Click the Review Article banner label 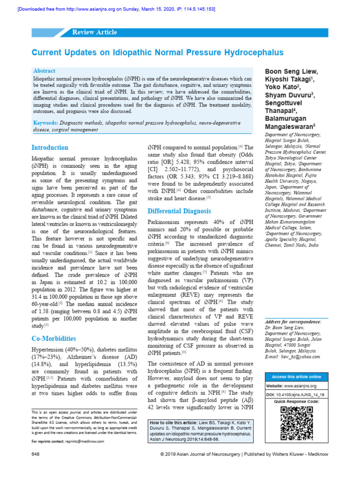point(94,32)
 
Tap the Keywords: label point(48,122)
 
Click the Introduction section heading point(50,147)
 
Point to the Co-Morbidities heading point(53,338)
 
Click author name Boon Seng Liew point(291,71)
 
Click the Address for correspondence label point(293,322)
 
